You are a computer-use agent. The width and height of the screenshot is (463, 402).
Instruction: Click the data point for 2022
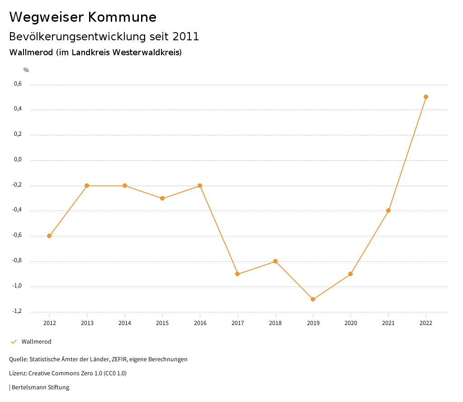(426, 97)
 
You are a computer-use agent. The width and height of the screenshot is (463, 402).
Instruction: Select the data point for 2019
(313, 299)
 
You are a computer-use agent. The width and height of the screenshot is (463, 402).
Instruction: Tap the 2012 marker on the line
(49, 236)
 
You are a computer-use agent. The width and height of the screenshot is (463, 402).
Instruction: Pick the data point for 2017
(237, 274)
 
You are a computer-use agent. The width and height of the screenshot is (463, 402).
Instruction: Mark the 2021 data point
(388, 211)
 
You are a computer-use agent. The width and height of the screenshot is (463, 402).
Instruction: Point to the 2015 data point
(162, 198)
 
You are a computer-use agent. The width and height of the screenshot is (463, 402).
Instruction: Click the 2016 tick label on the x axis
(200, 323)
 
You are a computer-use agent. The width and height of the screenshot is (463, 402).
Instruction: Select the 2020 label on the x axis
(350, 323)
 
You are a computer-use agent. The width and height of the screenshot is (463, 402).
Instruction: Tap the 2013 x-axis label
(87, 323)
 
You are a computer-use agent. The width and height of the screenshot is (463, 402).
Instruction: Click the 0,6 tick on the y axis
(18, 84)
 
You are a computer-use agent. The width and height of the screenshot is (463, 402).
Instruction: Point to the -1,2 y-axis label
(17, 311)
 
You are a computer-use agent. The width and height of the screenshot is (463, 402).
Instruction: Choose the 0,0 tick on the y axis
(18, 159)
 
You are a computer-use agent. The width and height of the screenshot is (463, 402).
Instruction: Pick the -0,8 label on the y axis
(17, 260)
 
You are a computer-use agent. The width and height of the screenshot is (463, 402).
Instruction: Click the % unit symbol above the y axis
(26, 70)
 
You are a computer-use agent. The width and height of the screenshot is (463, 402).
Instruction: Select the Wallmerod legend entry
(36, 342)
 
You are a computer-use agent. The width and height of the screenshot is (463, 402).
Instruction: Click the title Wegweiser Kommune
(83, 17)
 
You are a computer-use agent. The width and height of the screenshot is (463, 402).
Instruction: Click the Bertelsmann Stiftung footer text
(40, 388)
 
